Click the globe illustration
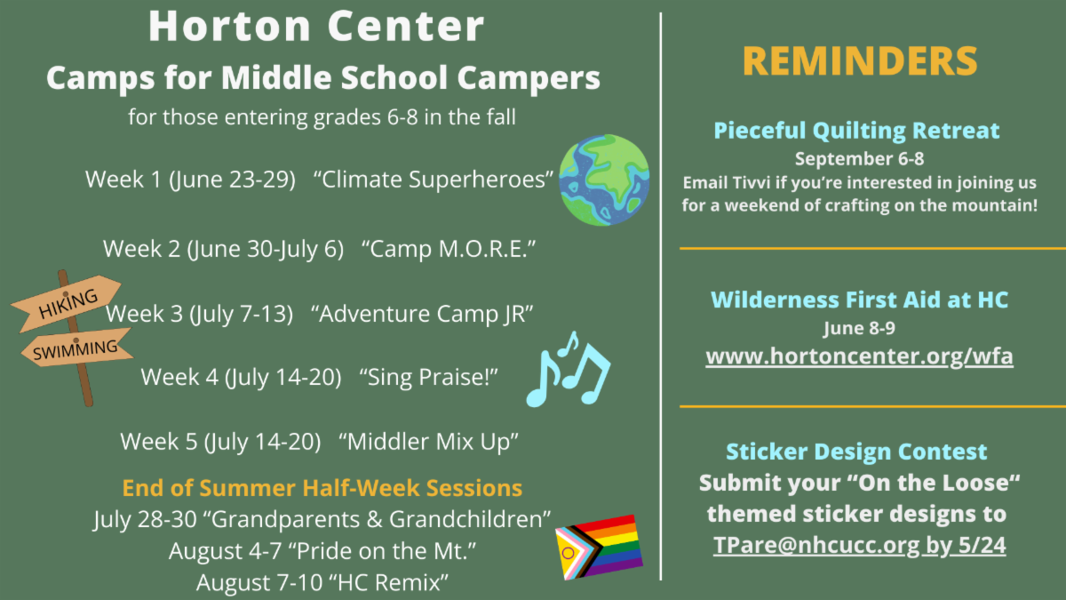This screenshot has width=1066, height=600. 604,180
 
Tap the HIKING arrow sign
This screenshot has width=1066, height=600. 67,303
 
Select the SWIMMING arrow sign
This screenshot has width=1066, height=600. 76,348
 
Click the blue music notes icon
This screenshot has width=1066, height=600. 569,370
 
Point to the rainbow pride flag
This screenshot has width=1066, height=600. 600,548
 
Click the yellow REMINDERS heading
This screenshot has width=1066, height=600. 860,61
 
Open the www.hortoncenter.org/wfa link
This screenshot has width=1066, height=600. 860,356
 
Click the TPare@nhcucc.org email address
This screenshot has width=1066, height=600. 816,545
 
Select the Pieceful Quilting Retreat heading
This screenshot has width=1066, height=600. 856,131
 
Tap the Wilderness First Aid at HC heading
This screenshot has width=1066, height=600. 860,300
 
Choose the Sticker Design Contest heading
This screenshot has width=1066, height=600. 856,452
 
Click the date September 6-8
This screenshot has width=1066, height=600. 860,158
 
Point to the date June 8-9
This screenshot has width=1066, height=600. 860,328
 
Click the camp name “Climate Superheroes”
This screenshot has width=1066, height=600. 434,180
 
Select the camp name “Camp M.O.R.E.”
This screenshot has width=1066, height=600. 449,249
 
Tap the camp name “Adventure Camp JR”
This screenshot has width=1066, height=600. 422,314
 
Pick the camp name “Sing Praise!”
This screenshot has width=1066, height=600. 428,377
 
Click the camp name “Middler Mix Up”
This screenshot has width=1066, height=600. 428,442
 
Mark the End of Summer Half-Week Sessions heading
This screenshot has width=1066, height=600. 322,488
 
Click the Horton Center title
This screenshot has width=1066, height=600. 316,26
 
